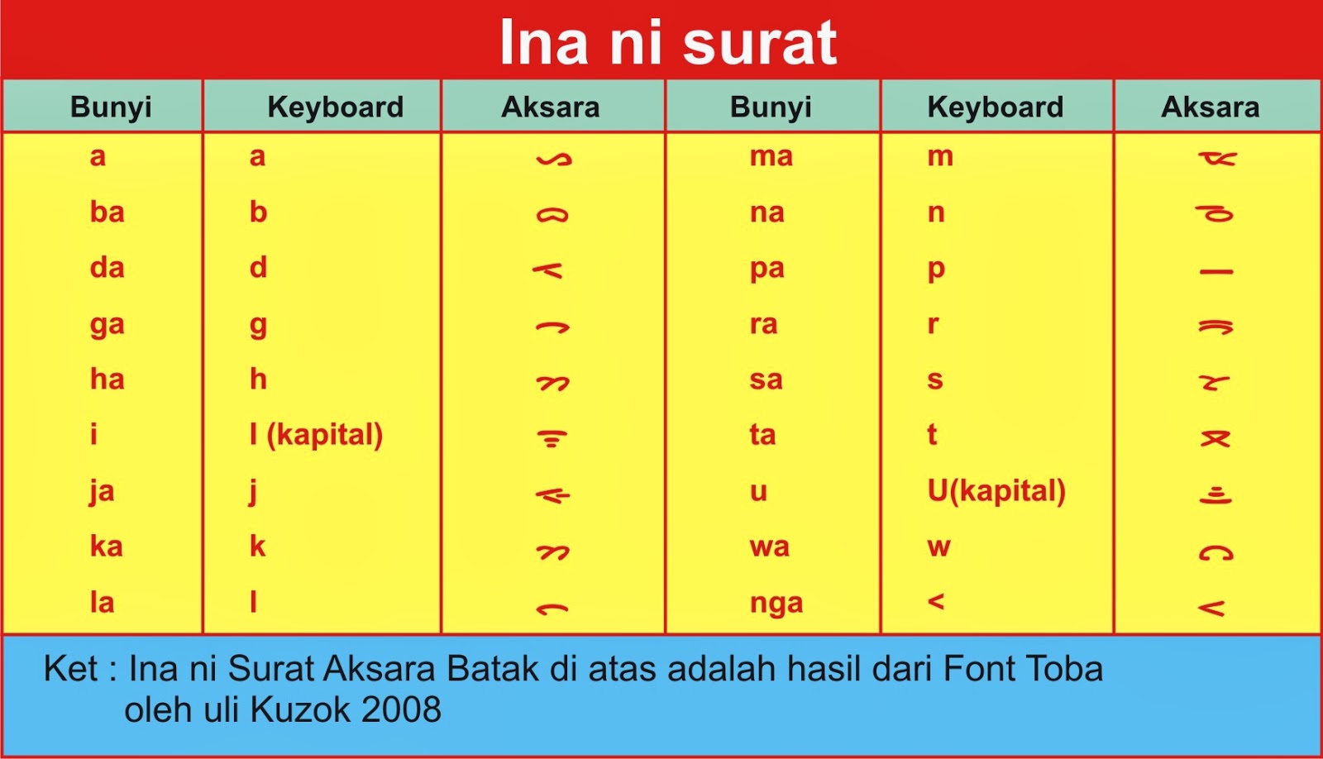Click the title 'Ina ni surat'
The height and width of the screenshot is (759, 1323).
[668, 42]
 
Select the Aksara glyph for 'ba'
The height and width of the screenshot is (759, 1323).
[552, 214]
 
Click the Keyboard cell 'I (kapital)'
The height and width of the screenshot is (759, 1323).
[316, 435]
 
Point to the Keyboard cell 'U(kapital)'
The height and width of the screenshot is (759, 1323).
[996, 491]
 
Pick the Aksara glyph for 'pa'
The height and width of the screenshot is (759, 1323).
[1216, 272]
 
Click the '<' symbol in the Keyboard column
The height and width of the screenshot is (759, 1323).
[936, 602]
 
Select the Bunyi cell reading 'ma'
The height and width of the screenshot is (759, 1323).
[771, 157]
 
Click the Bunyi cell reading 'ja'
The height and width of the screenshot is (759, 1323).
[102, 491]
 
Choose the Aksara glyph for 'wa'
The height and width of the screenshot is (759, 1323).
[1216, 552]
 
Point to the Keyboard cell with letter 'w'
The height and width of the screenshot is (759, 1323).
[939, 547]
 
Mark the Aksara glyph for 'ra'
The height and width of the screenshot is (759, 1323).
[1216, 327]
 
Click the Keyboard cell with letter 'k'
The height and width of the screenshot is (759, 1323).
[257, 547]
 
